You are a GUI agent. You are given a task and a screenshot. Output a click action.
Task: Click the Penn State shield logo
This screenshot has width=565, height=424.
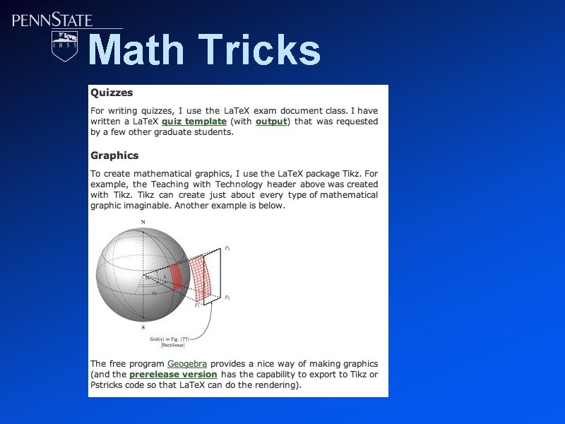pyautogui.click(x=66, y=45)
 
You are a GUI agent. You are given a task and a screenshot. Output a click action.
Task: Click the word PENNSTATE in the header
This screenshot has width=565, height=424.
pyautogui.click(x=52, y=20)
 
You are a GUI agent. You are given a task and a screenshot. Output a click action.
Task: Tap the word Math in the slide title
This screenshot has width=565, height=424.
pyautogui.click(x=136, y=50)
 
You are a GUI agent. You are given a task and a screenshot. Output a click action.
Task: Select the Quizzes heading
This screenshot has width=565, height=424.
pyautogui.click(x=112, y=93)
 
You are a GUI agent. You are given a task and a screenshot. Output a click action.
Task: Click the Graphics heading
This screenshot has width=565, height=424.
pyautogui.click(x=114, y=155)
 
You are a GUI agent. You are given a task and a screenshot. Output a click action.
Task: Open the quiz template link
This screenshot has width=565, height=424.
pyautogui.click(x=194, y=122)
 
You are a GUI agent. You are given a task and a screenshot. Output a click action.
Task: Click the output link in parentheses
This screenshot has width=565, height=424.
pyautogui.click(x=271, y=122)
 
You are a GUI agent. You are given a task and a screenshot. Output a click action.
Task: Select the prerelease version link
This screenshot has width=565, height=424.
pyautogui.click(x=173, y=374)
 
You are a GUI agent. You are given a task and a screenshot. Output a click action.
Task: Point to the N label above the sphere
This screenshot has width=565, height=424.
pyautogui.click(x=143, y=223)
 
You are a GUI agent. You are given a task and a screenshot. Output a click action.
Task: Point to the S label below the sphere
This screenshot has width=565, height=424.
pyautogui.click(x=143, y=328)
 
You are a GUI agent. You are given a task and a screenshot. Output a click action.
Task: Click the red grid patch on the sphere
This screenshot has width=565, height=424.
pyautogui.click(x=176, y=276)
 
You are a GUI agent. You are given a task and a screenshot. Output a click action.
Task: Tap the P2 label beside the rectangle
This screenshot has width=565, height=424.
pyautogui.click(x=227, y=248)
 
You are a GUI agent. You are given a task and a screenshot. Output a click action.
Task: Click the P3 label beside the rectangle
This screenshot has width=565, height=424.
pyautogui.click(x=227, y=298)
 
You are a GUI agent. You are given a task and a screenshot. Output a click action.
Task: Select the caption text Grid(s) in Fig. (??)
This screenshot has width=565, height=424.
pyautogui.click(x=170, y=338)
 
